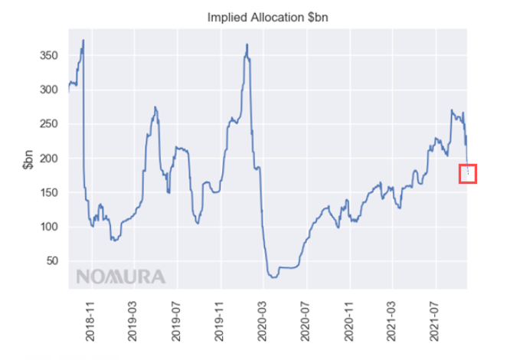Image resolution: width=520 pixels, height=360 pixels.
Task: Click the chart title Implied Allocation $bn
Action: click(x=267, y=18)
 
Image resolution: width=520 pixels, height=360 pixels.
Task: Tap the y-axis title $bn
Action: click(x=28, y=160)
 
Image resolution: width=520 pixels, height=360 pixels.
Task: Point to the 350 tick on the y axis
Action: click(x=49, y=55)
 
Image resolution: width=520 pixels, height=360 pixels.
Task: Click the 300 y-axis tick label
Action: click(x=49, y=90)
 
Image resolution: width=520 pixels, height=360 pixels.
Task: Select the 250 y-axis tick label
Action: click(x=49, y=124)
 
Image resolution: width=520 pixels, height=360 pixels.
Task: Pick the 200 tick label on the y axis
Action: click(x=49, y=159)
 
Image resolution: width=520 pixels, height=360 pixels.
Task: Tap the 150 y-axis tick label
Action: click(x=49, y=192)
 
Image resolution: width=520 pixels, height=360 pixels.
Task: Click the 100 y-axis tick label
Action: click(x=49, y=227)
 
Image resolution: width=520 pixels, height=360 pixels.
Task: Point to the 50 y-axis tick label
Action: click(x=52, y=260)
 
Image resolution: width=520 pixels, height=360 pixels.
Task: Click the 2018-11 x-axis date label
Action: click(x=90, y=321)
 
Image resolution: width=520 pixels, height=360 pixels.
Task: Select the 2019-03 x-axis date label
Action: click(x=132, y=321)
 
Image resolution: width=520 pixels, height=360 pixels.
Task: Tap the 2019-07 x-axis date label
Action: click(x=176, y=321)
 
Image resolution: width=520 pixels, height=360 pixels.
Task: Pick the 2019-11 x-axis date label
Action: click(x=219, y=321)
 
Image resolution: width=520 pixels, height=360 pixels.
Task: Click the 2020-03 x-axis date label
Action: click(x=262, y=321)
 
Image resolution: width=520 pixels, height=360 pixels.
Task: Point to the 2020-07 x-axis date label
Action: click(x=305, y=321)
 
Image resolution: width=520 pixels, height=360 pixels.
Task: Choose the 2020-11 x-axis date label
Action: click(x=348, y=321)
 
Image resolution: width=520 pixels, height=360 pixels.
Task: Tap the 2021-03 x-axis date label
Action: click(x=391, y=321)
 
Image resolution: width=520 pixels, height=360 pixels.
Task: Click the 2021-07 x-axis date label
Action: click(x=434, y=321)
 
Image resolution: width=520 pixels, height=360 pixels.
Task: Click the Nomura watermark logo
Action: click(x=121, y=277)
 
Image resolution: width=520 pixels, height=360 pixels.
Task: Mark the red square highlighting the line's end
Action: click(x=459, y=174)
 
